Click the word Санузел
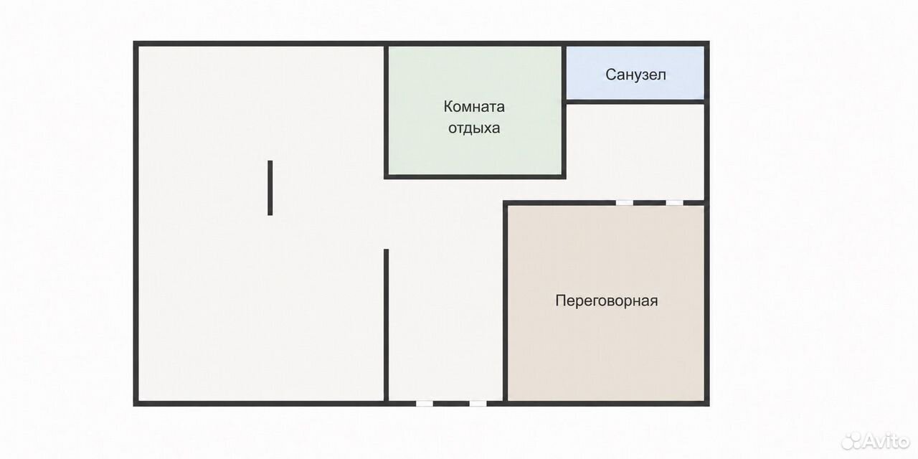tap(635, 75)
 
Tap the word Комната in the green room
tap(474, 107)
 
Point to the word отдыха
tap(474, 128)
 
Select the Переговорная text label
tap(607, 301)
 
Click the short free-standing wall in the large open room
tap(270, 188)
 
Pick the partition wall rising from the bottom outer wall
tap(386, 325)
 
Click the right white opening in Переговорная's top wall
tap(674, 202)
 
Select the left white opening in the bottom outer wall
tap(424, 404)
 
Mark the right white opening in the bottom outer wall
tap(478, 404)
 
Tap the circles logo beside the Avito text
tap(851, 440)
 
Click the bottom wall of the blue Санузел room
tap(635, 101)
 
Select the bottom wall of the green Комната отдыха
tap(475, 176)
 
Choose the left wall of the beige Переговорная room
tap(506, 303)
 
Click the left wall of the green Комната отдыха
tap(386, 111)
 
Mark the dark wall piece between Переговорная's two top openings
tap(649, 202)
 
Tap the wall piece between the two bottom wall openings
tap(451, 404)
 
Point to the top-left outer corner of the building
tap(133, 42)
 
